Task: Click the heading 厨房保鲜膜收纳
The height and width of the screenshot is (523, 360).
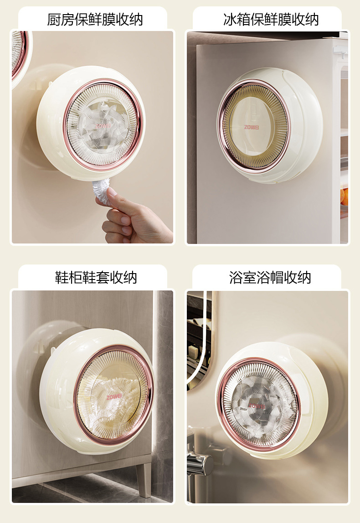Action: pyautogui.click(x=95, y=19)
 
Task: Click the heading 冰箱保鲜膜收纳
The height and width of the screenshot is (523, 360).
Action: pyautogui.click(x=271, y=19)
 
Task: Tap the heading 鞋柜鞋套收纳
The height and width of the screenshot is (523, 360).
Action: pyautogui.click(x=96, y=277)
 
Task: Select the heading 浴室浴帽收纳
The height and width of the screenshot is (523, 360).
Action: pyautogui.click(x=270, y=277)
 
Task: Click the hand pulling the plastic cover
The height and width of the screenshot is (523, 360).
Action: pyautogui.click(x=134, y=217)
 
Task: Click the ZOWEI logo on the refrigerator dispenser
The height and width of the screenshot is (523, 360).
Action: pyautogui.click(x=252, y=127)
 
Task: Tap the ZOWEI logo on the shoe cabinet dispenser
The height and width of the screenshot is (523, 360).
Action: pyautogui.click(x=114, y=397)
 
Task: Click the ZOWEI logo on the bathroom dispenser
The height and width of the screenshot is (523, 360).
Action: pyautogui.click(x=257, y=406)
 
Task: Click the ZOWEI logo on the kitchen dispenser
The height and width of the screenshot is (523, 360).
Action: pyautogui.click(x=103, y=126)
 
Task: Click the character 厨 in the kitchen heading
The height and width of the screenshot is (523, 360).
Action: pyautogui.click(x=54, y=19)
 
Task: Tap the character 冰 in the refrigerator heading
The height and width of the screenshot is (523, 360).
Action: pyautogui.click(x=230, y=19)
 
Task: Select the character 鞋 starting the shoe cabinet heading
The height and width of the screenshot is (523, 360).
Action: pyautogui.click(x=62, y=277)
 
